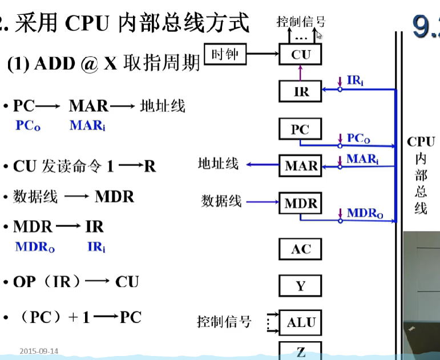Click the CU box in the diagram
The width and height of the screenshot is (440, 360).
pyautogui.click(x=300, y=55)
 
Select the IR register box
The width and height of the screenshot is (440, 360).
pyautogui.click(x=300, y=91)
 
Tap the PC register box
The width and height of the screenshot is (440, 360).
pyautogui.click(x=300, y=130)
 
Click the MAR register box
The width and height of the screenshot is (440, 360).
pyautogui.click(x=301, y=166)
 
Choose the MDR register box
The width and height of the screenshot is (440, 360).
pyautogui.click(x=301, y=203)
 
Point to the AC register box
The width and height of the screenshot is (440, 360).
pyautogui.click(x=300, y=249)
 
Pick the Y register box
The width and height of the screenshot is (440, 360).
pyautogui.click(x=300, y=285)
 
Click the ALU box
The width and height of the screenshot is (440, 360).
pyautogui.click(x=301, y=322)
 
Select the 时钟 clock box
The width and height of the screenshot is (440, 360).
pyautogui.click(x=225, y=55)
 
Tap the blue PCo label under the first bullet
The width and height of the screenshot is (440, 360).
pyautogui.click(x=29, y=126)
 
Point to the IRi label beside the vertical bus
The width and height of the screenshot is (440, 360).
pyautogui.click(x=355, y=80)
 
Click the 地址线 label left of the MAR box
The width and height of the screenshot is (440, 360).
pyautogui.click(x=218, y=164)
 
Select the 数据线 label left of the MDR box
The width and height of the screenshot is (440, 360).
pyautogui.click(x=221, y=200)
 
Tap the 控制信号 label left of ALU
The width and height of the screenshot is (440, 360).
pyautogui.click(x=224, y=321)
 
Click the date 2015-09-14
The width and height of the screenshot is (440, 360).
pyautogui.click(x=39, y=351)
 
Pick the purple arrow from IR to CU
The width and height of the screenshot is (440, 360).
pyautogui.click(x=300, y=72)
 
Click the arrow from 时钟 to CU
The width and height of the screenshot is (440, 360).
pyautogui.click(x=262, y=55)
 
